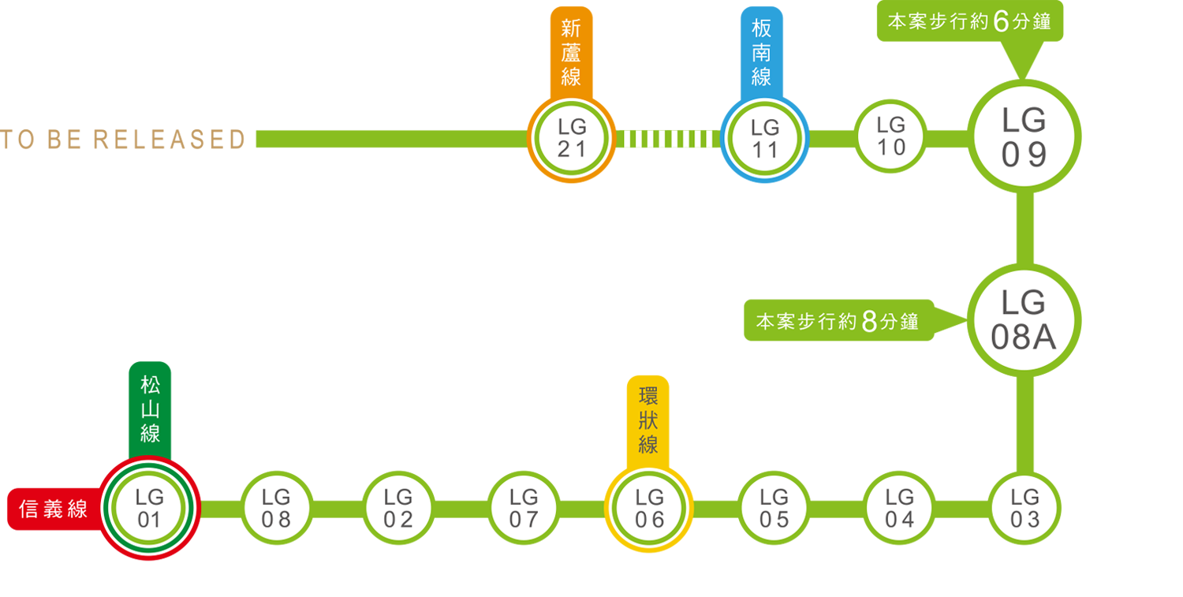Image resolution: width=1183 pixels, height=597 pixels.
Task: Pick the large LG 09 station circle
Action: click(1024, 136)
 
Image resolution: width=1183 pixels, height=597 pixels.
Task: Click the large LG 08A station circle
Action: click(1024, 320)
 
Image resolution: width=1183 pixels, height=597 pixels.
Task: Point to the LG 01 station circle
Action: click(149, 509)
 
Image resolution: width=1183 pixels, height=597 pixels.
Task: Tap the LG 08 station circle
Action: click(276, 509)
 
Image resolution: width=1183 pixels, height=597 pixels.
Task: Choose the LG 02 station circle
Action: click(399, 509)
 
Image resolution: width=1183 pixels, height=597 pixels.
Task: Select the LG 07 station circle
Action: click(524, 509)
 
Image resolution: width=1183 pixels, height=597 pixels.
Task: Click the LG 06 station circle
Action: click(649, 509)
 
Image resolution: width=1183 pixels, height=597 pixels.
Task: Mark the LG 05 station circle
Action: click(774, 509)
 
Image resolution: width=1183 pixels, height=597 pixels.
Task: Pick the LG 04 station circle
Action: click(899, 509)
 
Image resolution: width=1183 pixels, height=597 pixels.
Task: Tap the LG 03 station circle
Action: click(1024, 509)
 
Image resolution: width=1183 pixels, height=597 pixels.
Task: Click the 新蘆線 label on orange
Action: click(570, 54)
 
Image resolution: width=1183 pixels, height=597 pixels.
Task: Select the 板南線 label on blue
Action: click(761, 54)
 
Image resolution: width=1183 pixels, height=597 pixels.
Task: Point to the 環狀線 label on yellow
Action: click(648, 420)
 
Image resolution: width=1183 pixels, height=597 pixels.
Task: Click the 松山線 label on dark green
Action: click(150, 409)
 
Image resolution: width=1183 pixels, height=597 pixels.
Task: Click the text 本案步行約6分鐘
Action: click(969, 22)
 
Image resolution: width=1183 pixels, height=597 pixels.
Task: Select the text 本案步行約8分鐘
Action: click(837, 323)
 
